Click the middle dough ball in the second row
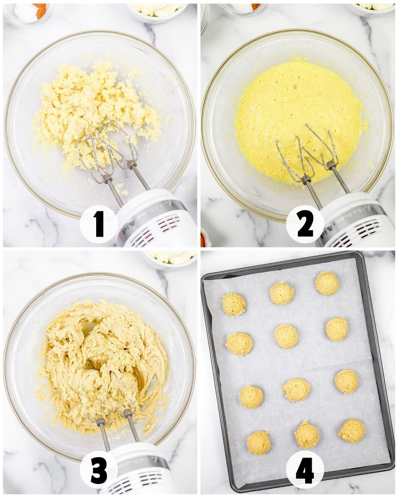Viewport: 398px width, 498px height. pos(286,336)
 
